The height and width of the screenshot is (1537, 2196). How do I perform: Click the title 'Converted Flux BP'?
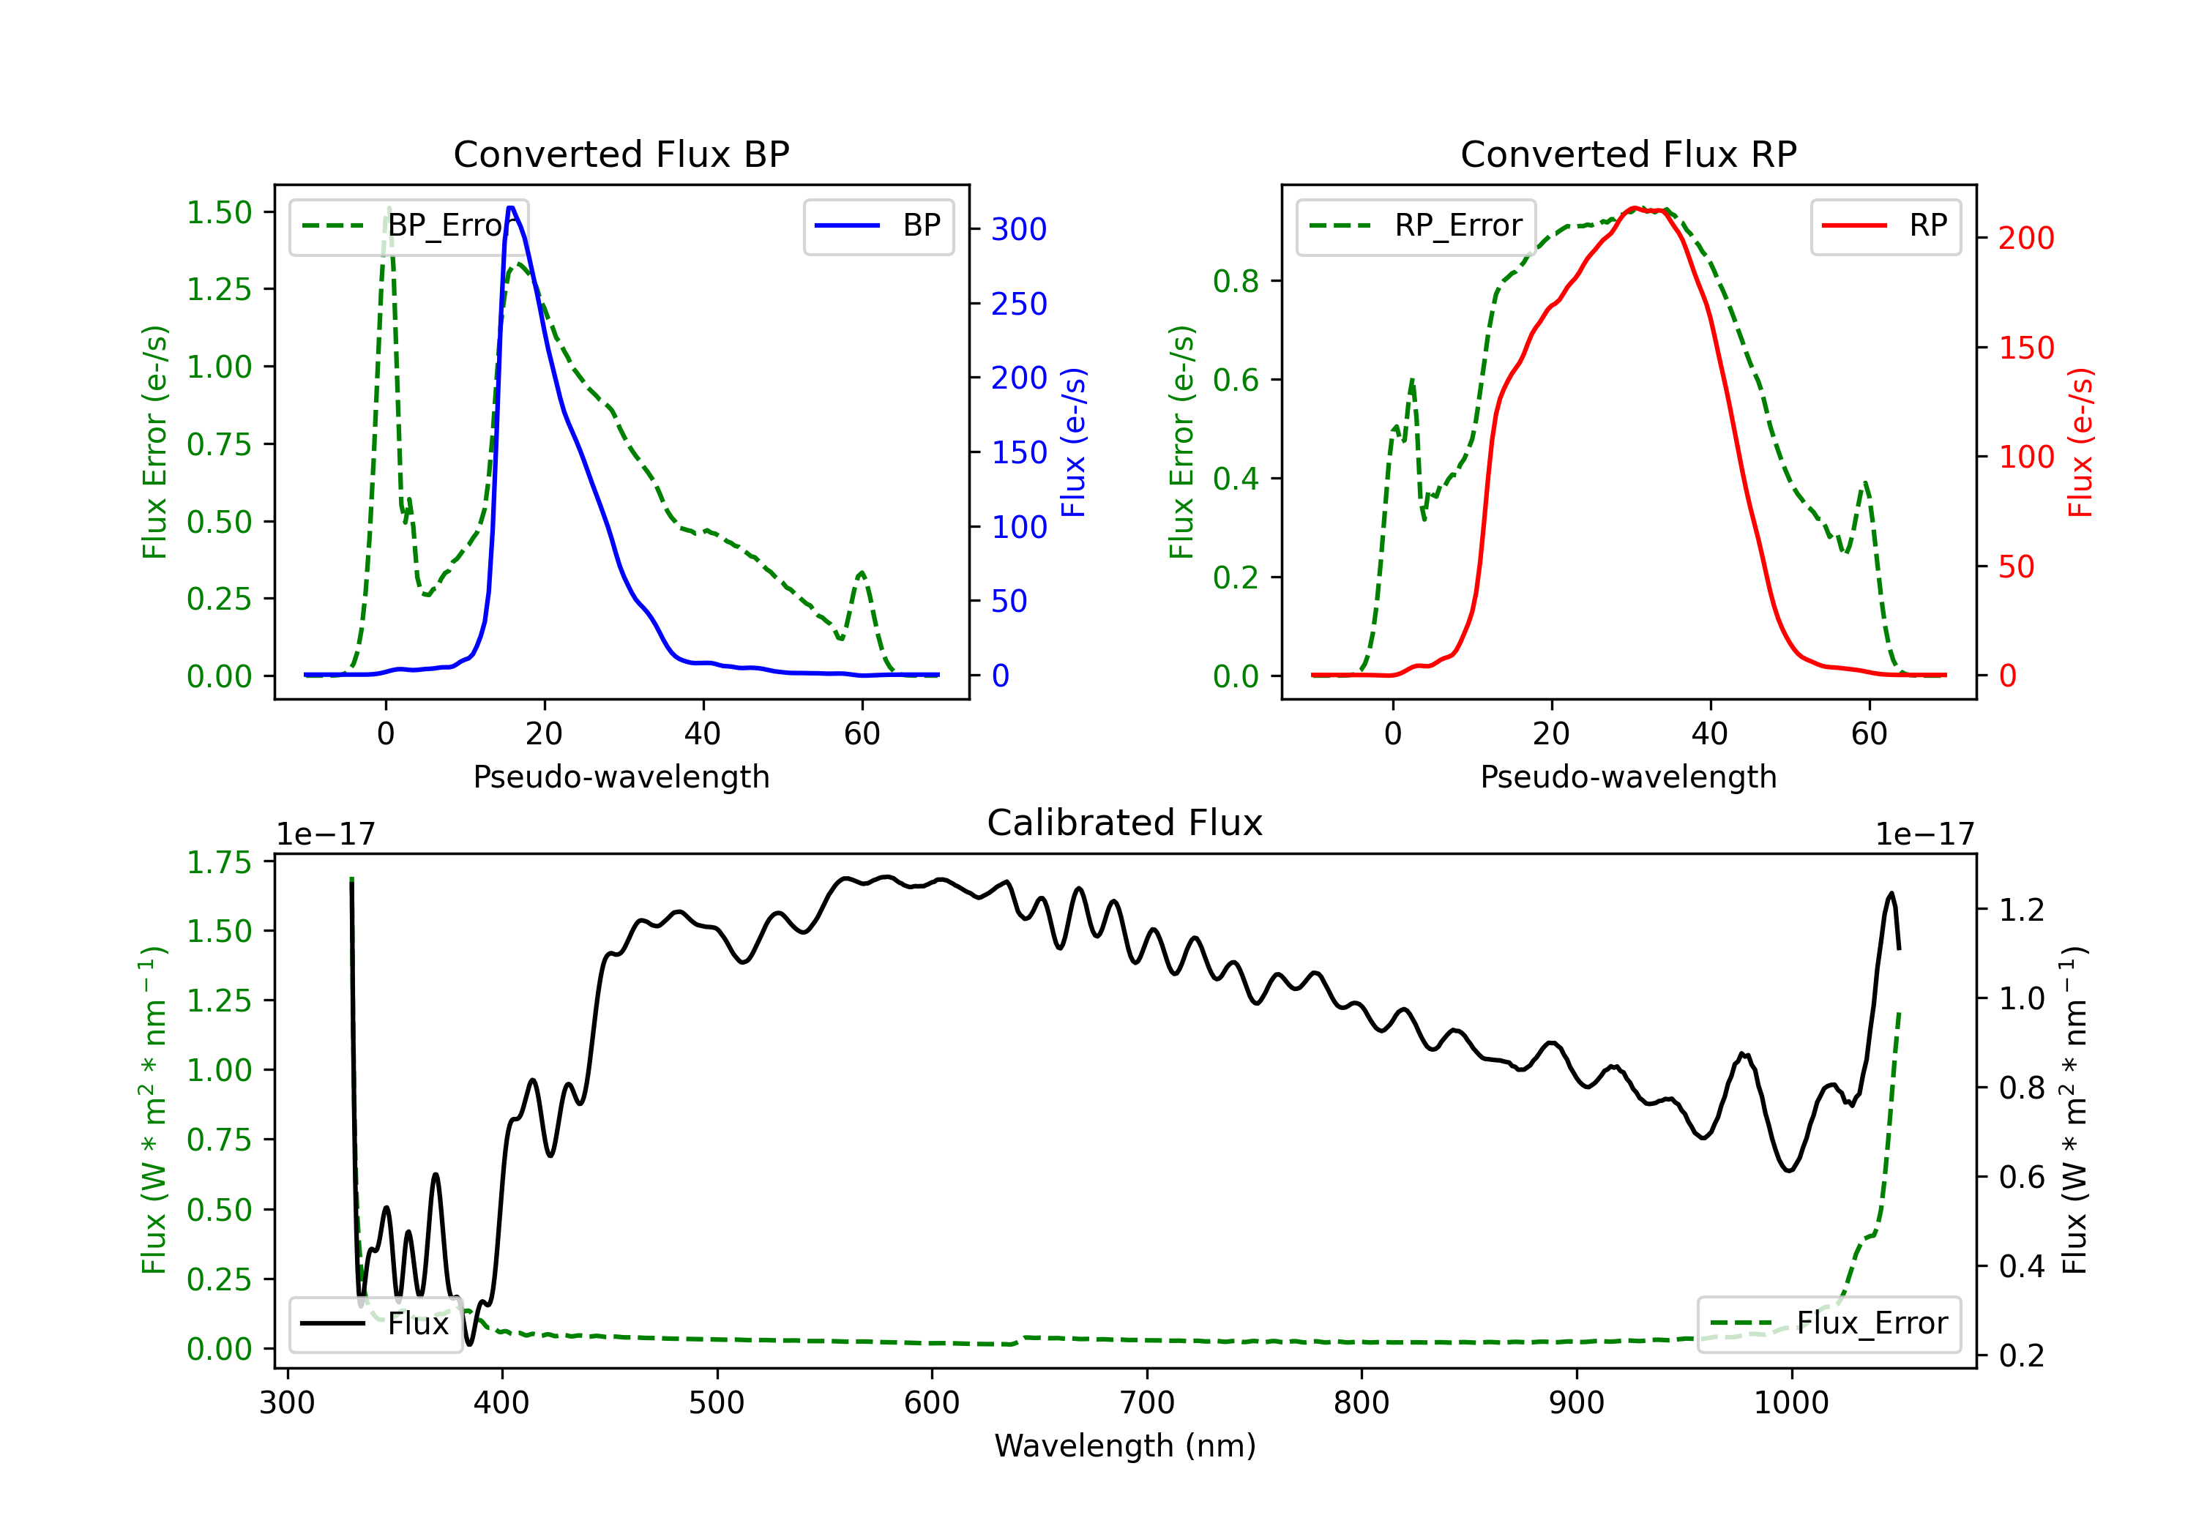[621, 154]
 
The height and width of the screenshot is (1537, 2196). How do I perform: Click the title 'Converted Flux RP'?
[1628, 154]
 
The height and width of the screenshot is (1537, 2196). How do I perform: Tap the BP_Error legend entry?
[408, 225]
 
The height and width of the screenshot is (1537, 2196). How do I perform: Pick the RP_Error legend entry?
[1416, 225]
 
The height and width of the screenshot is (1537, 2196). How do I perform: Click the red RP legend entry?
[1885, 225]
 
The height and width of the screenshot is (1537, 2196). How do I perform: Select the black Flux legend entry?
[375, 1324]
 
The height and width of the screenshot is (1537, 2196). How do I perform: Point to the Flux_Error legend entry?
[1829, 1324]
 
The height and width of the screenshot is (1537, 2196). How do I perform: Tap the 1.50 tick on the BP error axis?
[219, 212]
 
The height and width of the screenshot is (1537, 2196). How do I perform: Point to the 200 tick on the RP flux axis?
[2025, 238]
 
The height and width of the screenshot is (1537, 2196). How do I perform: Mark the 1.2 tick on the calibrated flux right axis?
[2021, 910]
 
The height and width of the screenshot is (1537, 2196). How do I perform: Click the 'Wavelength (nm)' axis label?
[1125, 1446]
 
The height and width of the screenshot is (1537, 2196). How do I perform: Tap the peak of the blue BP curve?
[511, 208]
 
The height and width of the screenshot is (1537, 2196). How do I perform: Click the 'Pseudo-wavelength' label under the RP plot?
[1628, 777]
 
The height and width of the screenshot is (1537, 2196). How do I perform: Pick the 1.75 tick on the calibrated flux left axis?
[219, 863]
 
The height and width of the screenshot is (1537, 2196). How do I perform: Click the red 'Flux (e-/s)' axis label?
[2080, 442]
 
